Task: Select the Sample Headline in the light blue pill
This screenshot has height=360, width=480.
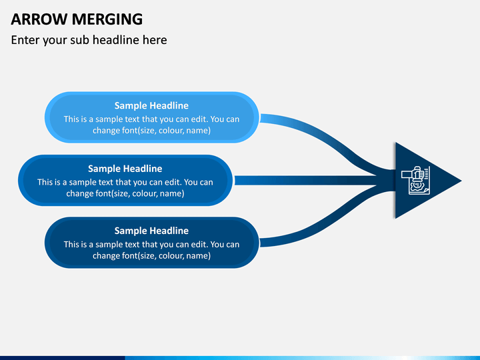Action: click(151, 105)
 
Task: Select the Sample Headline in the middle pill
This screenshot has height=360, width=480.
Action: click(125, 169)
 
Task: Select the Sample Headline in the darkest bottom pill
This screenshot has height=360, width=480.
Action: click(151, 231)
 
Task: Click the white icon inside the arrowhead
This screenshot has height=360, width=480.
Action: click(416, 180)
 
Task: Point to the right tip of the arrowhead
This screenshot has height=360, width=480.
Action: click(461, 181)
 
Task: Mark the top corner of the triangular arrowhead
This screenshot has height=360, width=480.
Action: click(395, 143)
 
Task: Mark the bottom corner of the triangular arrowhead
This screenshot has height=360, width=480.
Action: click(395, 218)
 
